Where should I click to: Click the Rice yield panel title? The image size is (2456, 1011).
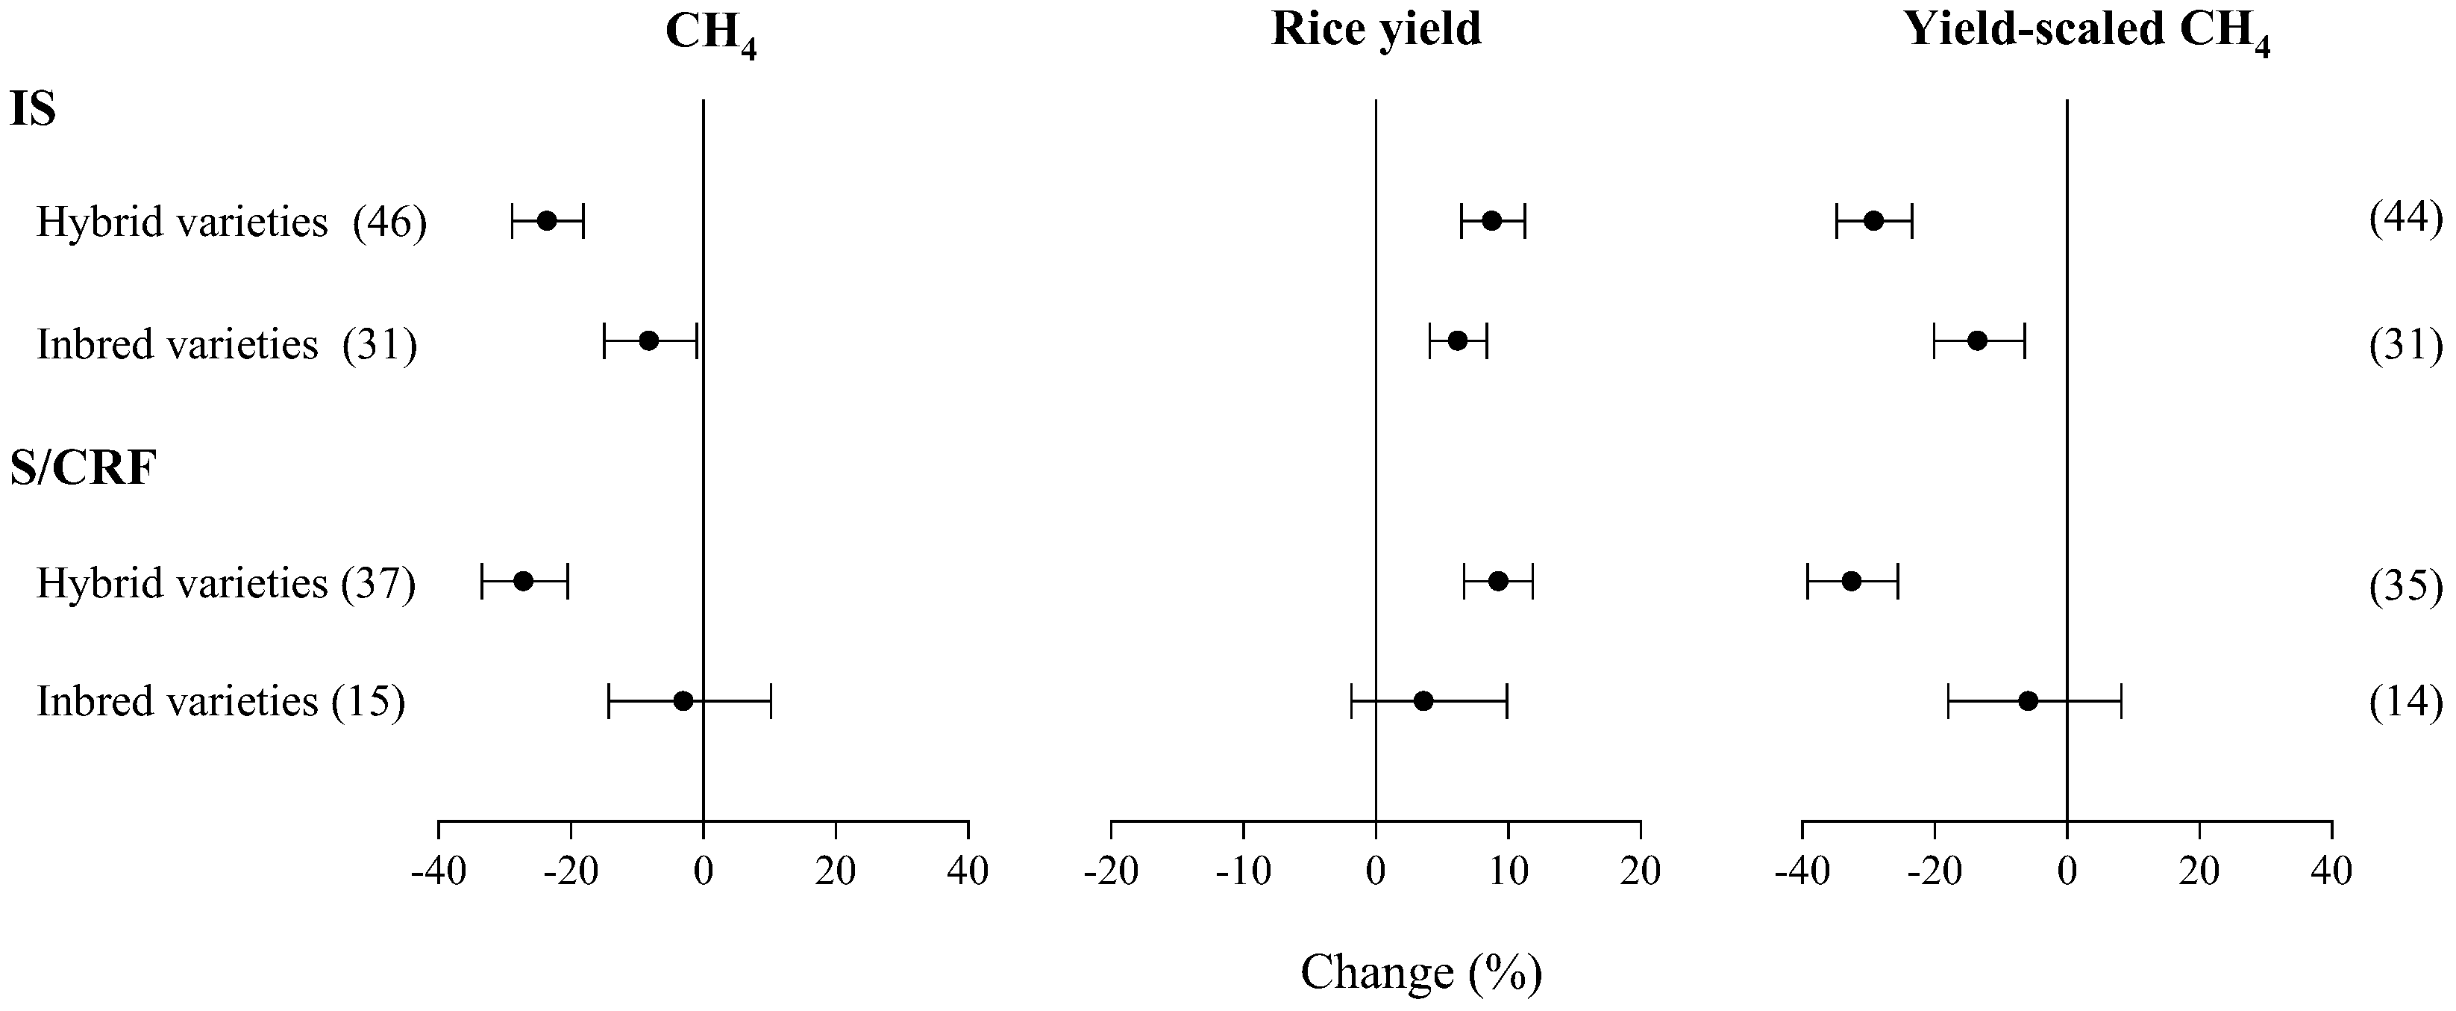(x=1376, y=30)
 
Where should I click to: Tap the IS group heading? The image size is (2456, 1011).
(x=34, y=111)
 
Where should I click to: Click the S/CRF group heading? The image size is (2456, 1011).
(x=84, y=468)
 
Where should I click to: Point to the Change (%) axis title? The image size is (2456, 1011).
(x=1420, y=973)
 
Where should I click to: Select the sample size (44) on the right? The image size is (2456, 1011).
(x=2405, y=220)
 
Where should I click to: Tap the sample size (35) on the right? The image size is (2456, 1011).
(x=2405, y=585)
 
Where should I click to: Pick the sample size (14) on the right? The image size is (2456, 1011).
(x=2405, y=703)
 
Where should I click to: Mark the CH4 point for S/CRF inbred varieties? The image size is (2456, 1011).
(x=683, y=701)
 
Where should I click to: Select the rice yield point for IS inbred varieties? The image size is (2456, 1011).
(x=1457, y=340)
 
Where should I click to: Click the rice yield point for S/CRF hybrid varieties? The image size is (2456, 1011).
(x=1498, y=581)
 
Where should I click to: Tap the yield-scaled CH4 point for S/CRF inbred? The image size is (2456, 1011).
(x=2028, y=701)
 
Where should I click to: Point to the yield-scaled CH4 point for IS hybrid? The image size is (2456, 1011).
(x=1873, y=221)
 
